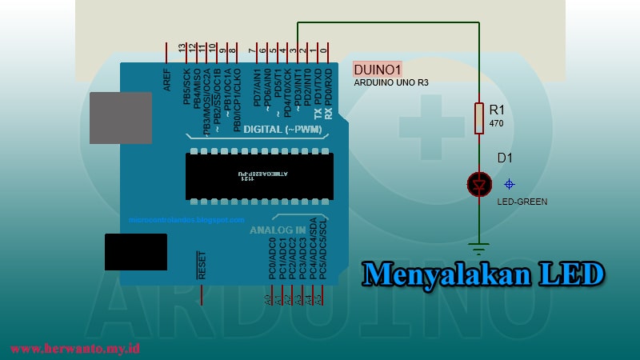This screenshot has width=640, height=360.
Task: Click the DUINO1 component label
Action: pos(378,69)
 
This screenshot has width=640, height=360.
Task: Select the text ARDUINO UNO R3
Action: pos(391,82)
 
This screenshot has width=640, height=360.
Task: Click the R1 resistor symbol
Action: pos(479,118)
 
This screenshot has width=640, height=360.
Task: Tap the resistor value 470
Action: pos(496,124)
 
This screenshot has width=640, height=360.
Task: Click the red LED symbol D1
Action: pos(479,185)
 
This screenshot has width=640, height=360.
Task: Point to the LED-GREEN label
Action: pos(522,202)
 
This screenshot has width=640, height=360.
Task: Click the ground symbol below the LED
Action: pos(479,246)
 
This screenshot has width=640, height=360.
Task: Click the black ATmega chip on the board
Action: pos(259,176)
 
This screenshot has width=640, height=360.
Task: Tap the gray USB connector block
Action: pos(121,118)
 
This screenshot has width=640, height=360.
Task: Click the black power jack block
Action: pos(136,252)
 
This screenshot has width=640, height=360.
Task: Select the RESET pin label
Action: pos(202,265)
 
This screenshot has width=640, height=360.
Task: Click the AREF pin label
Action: pos(167,79)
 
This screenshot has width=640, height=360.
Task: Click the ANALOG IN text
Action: pos(278,230)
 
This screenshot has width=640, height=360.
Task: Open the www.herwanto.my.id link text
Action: pos(75,349)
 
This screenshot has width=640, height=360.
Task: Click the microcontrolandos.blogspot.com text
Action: pos(186,219)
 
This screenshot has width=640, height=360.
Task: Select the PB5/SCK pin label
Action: pos(187,86)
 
